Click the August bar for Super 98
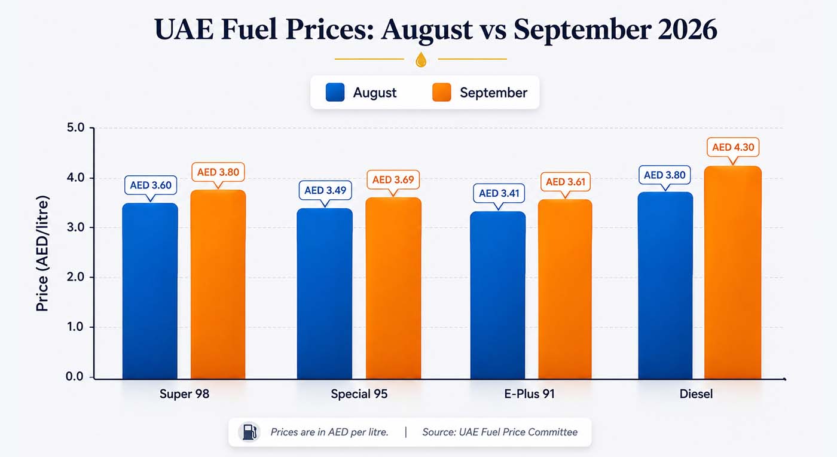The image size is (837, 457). [150, 291]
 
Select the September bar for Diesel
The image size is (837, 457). [733, 273]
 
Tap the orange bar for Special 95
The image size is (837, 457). [393, 288]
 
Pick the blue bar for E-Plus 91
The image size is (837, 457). [497, 295]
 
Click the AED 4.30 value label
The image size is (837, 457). [733, 147]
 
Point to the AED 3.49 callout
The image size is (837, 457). [325, 190]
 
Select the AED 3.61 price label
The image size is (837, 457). [566, 182]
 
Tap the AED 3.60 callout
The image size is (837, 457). [151, 185]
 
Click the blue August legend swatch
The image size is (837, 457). [335, 92]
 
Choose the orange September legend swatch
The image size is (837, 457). [442, 92]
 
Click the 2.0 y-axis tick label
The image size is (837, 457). [75, 277]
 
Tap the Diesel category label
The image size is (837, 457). [696, 394]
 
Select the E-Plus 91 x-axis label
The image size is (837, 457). [530, 394]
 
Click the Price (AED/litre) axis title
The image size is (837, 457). [42, 253]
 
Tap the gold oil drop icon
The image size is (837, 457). [421, 59]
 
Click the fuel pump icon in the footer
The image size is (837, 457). [249, 432]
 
